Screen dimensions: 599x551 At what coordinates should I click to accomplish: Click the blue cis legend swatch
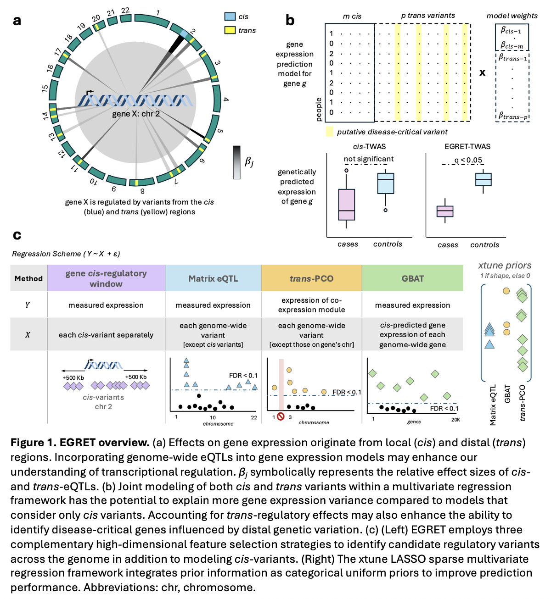tap(230, 17)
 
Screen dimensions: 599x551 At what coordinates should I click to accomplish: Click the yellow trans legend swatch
tap(230, 30)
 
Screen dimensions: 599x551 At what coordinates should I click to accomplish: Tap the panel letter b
tap(290, 21)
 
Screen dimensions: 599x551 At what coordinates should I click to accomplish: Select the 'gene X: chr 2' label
tap(136, 114)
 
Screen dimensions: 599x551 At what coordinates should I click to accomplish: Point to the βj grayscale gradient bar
tap(236, 162)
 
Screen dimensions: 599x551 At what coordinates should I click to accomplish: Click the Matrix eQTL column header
tap(213, 278)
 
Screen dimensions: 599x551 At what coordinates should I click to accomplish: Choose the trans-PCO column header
tap(311, 278)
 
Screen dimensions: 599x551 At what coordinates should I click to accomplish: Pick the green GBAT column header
tap(412, 278)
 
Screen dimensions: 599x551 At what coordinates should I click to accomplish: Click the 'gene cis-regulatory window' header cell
tap(106, 278)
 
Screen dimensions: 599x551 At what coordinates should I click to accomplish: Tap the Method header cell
tap(28, 278)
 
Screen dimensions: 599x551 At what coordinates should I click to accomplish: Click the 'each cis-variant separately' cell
tap(106, 335)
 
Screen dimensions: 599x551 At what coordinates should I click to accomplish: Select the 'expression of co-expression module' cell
tap(311, 305)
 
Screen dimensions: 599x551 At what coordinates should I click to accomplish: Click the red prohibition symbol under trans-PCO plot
tap(281, 416)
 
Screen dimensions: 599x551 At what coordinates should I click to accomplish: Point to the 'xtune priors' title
tap(505, 266)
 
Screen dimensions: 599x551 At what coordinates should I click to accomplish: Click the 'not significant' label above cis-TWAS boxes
tap(369, 159)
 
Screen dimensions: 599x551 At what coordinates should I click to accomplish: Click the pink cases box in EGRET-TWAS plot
tap(444, 211)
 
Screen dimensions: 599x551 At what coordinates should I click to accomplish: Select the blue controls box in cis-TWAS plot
tap(386, 183)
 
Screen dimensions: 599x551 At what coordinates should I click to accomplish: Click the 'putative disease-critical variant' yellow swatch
tap(329, 132)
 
